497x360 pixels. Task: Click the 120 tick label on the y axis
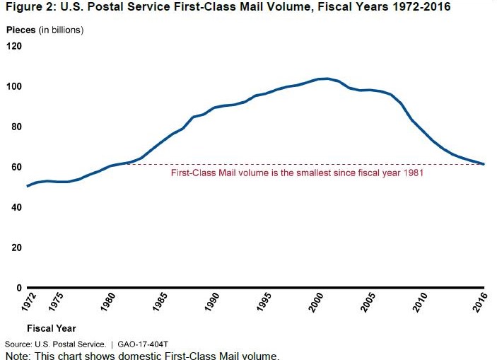point(13,47)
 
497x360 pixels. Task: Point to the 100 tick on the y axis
point(13,87)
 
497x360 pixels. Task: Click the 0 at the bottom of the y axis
point(18,288)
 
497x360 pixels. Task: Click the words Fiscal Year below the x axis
point(51,328)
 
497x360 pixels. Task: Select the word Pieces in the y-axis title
point(21,30)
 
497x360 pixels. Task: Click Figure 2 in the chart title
point(27,8)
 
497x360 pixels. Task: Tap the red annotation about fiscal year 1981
point(297,173)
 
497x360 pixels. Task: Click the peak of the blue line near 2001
point(325,79)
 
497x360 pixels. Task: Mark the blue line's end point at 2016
point(484,164)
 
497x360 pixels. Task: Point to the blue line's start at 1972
point(27,186)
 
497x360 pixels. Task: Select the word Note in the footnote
point(16,354)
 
